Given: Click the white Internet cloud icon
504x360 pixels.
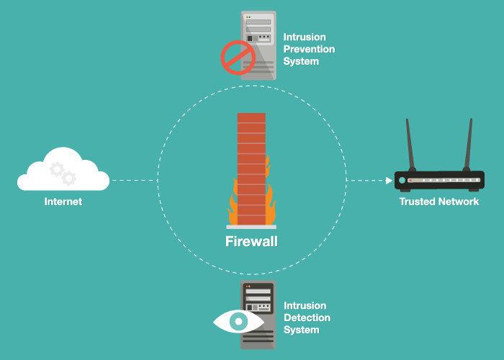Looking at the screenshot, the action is click(x=63, y=170).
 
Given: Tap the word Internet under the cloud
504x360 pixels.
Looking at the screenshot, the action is click(x=63, y=202).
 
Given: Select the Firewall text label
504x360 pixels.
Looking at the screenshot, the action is click(x=251, y=241).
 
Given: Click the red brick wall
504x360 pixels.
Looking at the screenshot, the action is click(x=251, y=168).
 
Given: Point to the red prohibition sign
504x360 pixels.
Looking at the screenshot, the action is click(x=238, y=58).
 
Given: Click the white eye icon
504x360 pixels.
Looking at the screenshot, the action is click(x=238, y=321).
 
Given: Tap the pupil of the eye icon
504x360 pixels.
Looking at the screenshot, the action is click(x=238, y=321).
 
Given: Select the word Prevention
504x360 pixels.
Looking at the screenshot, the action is click(x=309, y=49).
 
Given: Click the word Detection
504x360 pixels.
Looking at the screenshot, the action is click(x=307, y=318).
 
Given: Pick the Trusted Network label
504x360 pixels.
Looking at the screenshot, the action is click(x=439, y=202).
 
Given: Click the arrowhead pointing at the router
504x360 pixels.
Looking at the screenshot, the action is click(x=389, y=180).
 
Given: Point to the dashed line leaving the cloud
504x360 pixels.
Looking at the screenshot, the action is click(x=135, y=180).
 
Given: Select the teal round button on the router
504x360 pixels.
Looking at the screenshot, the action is click(x=402, y=180).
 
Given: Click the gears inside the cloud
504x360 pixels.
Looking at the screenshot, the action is click(x=63, y=174).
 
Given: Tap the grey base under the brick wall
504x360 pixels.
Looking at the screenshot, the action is click(x=251, y=227).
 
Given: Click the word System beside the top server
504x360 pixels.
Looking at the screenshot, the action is click(x=301, y=61).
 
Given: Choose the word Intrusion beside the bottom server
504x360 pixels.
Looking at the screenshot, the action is click(x=305, y=305).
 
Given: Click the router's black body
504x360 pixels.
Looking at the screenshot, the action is click(x=439, y=181).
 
